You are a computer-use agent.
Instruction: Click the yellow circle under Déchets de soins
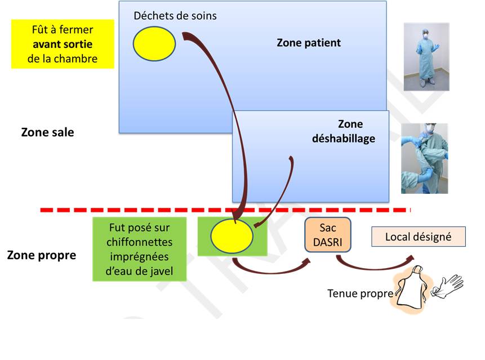click(154, 43)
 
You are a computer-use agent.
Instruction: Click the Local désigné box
click(418, 237)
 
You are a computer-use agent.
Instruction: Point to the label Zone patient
click(309, 43)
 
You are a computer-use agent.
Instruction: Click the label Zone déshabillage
click(344, 131)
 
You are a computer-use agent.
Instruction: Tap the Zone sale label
click(47, 133)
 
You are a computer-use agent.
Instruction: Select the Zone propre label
click(41, 255)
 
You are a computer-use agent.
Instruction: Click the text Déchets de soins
click(175, 16)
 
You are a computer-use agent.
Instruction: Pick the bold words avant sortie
click(63, 44)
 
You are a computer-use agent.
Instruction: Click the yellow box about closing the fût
click(63, 44)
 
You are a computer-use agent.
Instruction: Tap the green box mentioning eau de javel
click(140, 248)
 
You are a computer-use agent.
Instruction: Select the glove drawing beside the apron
click(448, 285)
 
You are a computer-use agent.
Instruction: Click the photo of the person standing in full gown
click(426, 56)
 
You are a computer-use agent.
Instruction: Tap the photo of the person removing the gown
click(424, 158)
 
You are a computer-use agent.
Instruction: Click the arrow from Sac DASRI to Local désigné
click(372, 264)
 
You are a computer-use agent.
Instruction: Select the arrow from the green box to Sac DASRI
click(270, 266)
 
